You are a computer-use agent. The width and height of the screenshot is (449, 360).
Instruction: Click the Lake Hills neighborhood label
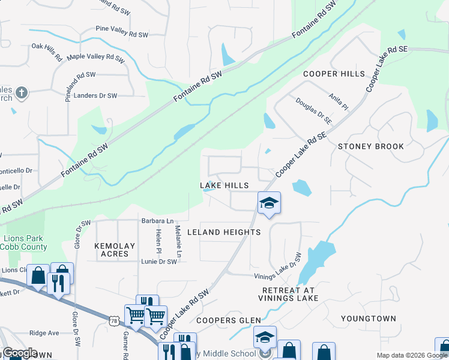pos(224,185)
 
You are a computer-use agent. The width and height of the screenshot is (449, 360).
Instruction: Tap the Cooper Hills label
pos(334,74)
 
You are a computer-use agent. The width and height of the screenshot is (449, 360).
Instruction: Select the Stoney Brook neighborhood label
pos(370,146)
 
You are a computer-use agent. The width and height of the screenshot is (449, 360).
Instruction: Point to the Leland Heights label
pos(224,232)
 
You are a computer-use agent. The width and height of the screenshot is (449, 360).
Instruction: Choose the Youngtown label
pos(369,318)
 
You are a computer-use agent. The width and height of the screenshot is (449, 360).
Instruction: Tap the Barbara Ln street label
pos(157,221)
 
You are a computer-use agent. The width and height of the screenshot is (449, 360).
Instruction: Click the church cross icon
pos(22,92)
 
